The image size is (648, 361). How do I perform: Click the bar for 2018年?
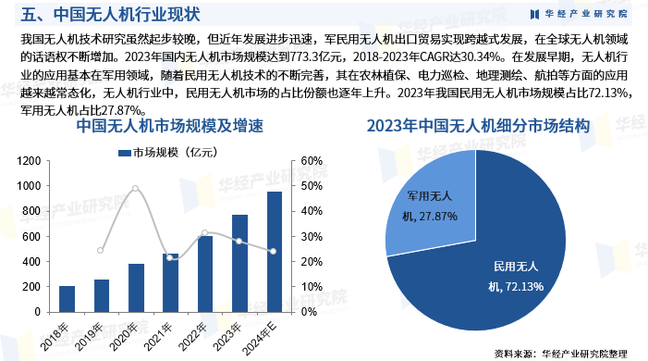point(67,299)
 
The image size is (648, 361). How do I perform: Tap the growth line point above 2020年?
point(136,188)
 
